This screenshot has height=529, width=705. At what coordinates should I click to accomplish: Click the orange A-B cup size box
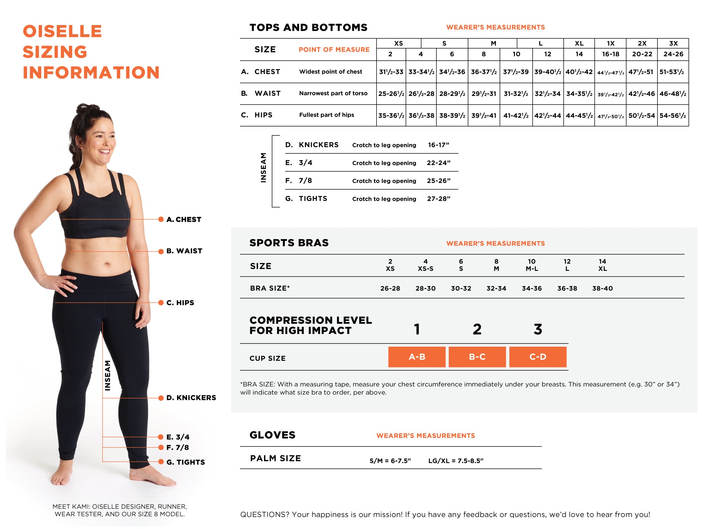(417, 357)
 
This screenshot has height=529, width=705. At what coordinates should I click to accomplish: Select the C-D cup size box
(538, 357)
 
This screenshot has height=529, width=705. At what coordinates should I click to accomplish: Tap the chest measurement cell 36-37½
(484, 72)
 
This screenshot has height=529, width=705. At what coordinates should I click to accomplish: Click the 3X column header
(673, 43)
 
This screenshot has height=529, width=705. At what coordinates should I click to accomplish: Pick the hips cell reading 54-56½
(673, 115)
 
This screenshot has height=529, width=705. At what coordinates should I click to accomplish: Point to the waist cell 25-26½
(391, 94)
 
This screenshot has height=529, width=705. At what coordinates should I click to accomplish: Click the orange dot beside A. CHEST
(161, 219)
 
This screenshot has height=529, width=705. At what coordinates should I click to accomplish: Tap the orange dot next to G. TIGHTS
(161, 462)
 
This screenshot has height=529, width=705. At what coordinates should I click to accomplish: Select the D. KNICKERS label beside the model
(191, 398)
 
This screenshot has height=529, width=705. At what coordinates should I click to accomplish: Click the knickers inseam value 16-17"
(439, 145)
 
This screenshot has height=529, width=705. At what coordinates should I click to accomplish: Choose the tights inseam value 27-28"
(439, 199)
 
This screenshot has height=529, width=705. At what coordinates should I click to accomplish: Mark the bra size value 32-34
(496, 288)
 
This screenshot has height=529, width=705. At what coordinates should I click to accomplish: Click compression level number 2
(477, 329)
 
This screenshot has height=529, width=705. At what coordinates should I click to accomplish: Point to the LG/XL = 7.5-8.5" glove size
(456, 461)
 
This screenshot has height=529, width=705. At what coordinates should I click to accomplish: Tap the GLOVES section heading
(272, 435)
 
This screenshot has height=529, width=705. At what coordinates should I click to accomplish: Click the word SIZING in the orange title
(55, 52)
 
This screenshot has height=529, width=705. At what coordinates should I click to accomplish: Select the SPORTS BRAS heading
(289, 243)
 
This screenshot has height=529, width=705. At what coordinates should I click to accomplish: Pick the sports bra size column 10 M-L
(532, 265)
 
